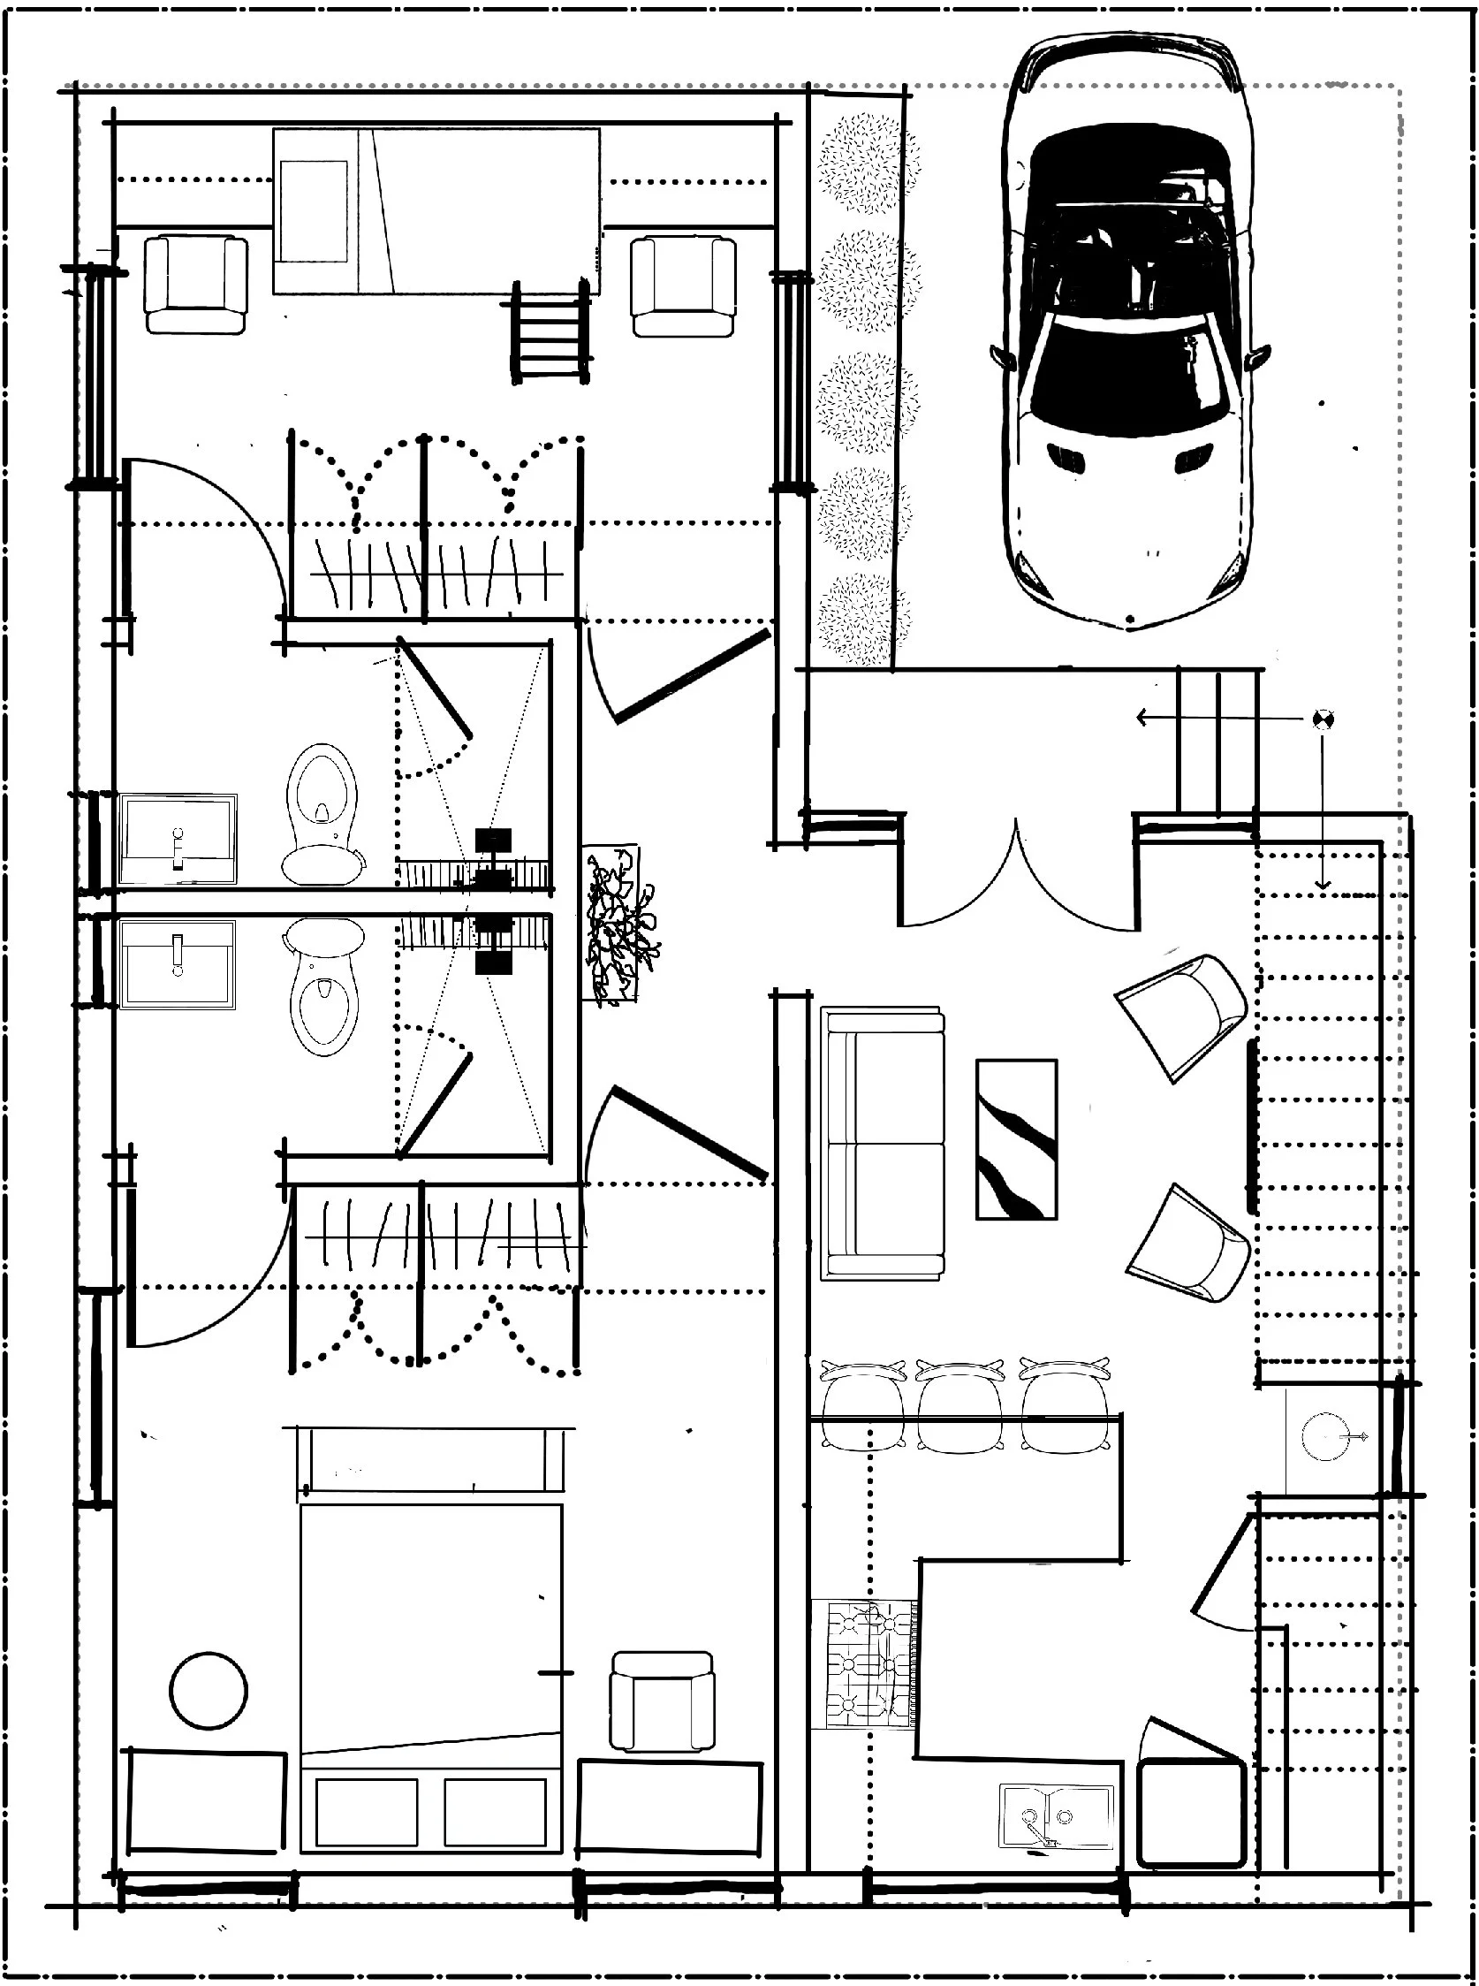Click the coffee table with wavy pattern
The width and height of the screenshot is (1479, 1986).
[x=1016, y=1139]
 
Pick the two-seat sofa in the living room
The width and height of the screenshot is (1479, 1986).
[x=883, y=1143]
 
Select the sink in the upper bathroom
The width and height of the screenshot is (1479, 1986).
[x=178, y=839]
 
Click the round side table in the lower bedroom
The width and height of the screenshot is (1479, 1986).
[x=209, y=1691]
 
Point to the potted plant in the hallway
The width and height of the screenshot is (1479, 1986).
[x=619, y=922]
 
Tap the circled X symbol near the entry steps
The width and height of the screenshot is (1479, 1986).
[x=1323, y=719]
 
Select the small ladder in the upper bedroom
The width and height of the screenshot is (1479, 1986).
[x=550, y=333]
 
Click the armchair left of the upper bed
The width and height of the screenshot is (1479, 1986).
[x=195, y=285]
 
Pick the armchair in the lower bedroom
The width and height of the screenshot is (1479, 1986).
[x=662, y=1701]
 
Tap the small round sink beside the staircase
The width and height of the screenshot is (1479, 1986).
[x=1324, y=1436]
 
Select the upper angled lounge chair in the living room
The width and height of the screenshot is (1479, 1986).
[x=1184, y=1016]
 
